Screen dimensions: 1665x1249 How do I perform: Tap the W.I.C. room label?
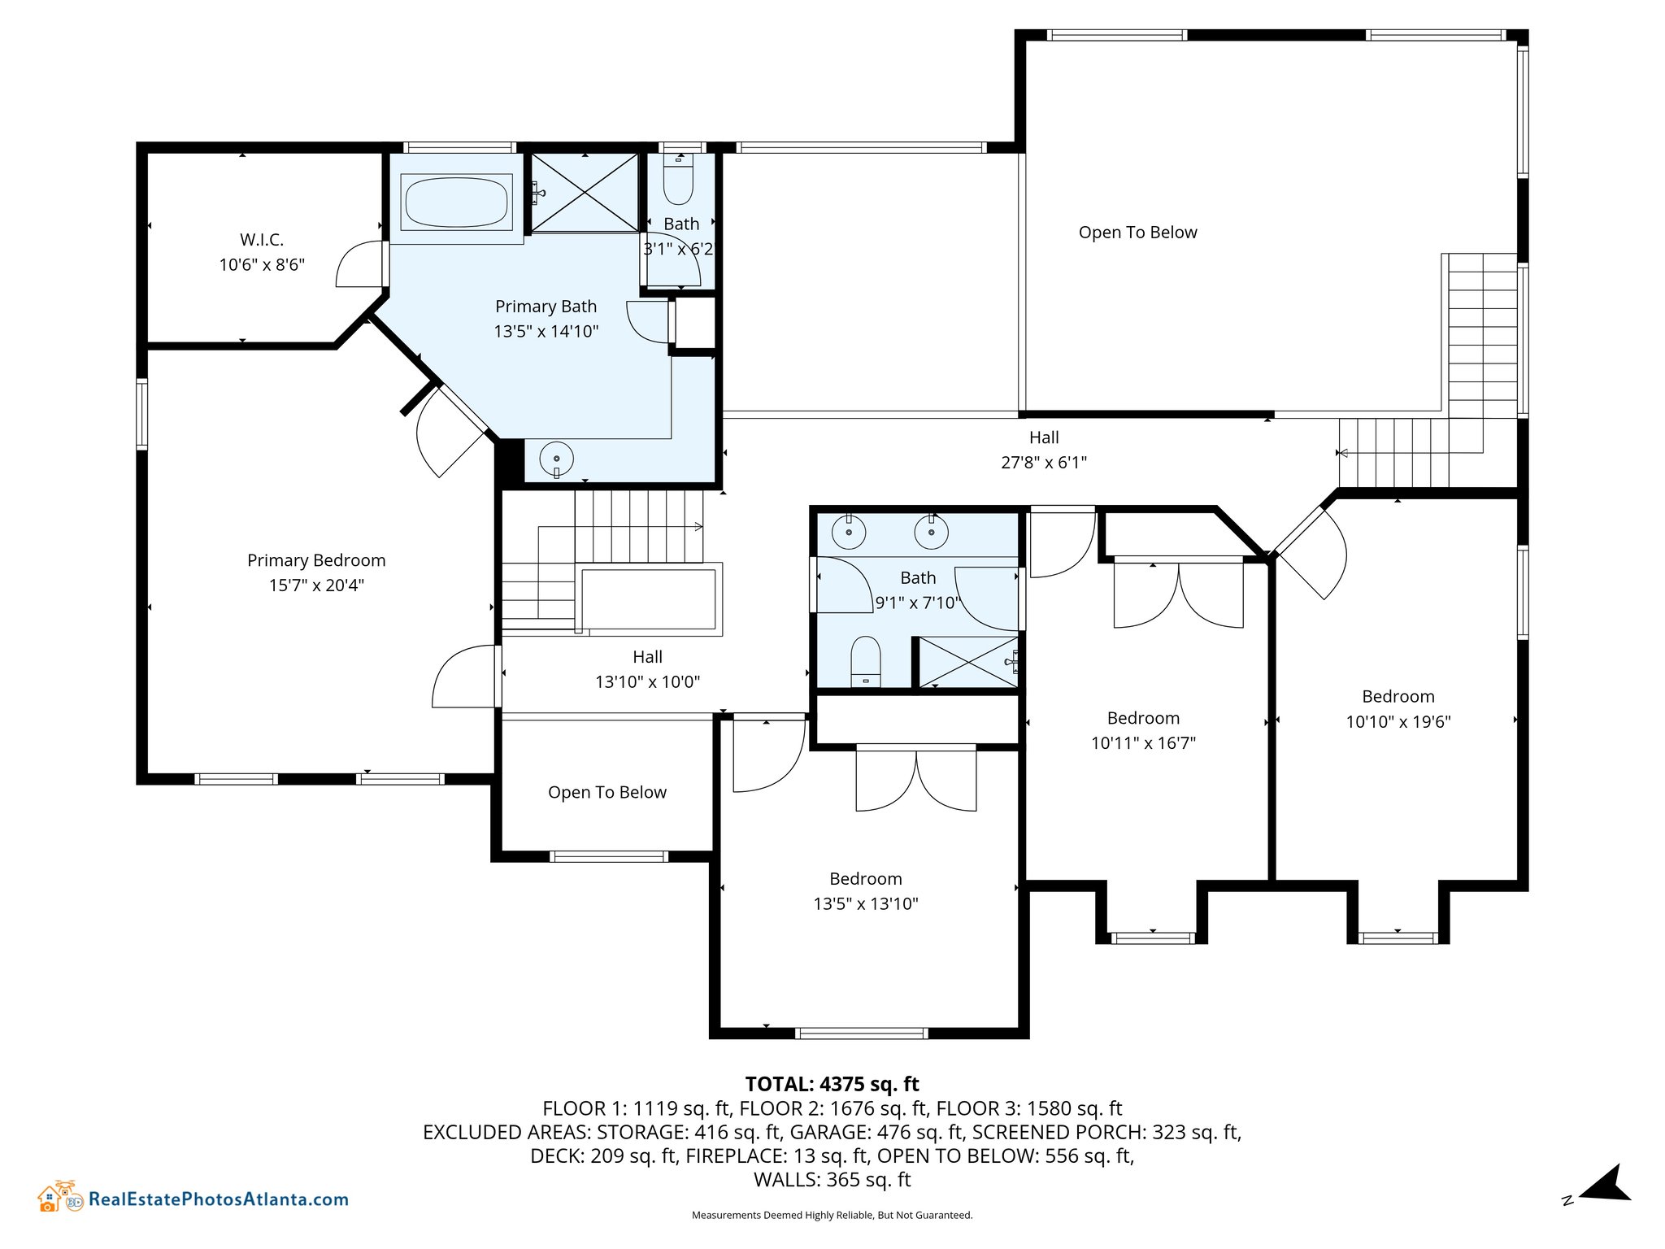click(x=262, y=240)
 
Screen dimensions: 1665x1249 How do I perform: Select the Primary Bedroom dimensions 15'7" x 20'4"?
click(x=316, y=585)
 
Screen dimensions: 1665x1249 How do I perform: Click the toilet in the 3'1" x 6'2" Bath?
click(x=678, y=181)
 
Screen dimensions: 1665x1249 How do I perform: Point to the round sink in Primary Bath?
click(x=556, y=459)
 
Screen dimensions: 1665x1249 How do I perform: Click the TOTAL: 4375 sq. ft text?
click(x=832, y=1084)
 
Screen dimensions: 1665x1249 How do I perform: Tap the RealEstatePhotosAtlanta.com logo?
click(x=193, y=1198)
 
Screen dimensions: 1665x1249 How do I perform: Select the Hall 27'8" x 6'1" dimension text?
click(x=1044, y=463)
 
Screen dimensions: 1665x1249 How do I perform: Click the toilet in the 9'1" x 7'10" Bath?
click(x=866, y=661)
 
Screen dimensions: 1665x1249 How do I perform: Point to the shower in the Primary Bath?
click(x=585, y=193)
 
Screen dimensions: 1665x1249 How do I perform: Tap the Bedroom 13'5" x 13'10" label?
click(x=866, y=891)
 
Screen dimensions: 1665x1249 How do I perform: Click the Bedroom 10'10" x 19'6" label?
click(x=1398, y=709)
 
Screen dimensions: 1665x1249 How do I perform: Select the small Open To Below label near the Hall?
click(x=607, y=793)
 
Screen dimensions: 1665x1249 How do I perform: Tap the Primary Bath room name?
click(x=546, y=307)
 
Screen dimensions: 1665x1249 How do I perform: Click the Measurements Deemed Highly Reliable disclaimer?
click(x=832, y=1215)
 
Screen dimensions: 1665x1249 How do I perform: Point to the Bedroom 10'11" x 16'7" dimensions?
click(x=1144, y=743)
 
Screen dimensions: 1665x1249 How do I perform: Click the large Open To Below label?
click(x=1138, y=233)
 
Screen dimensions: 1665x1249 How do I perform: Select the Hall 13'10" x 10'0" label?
click(x=648, y=669)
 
